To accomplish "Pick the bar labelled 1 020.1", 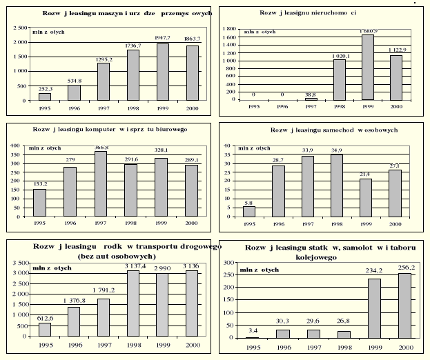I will (340, 79).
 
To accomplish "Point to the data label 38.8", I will (311, 94).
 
